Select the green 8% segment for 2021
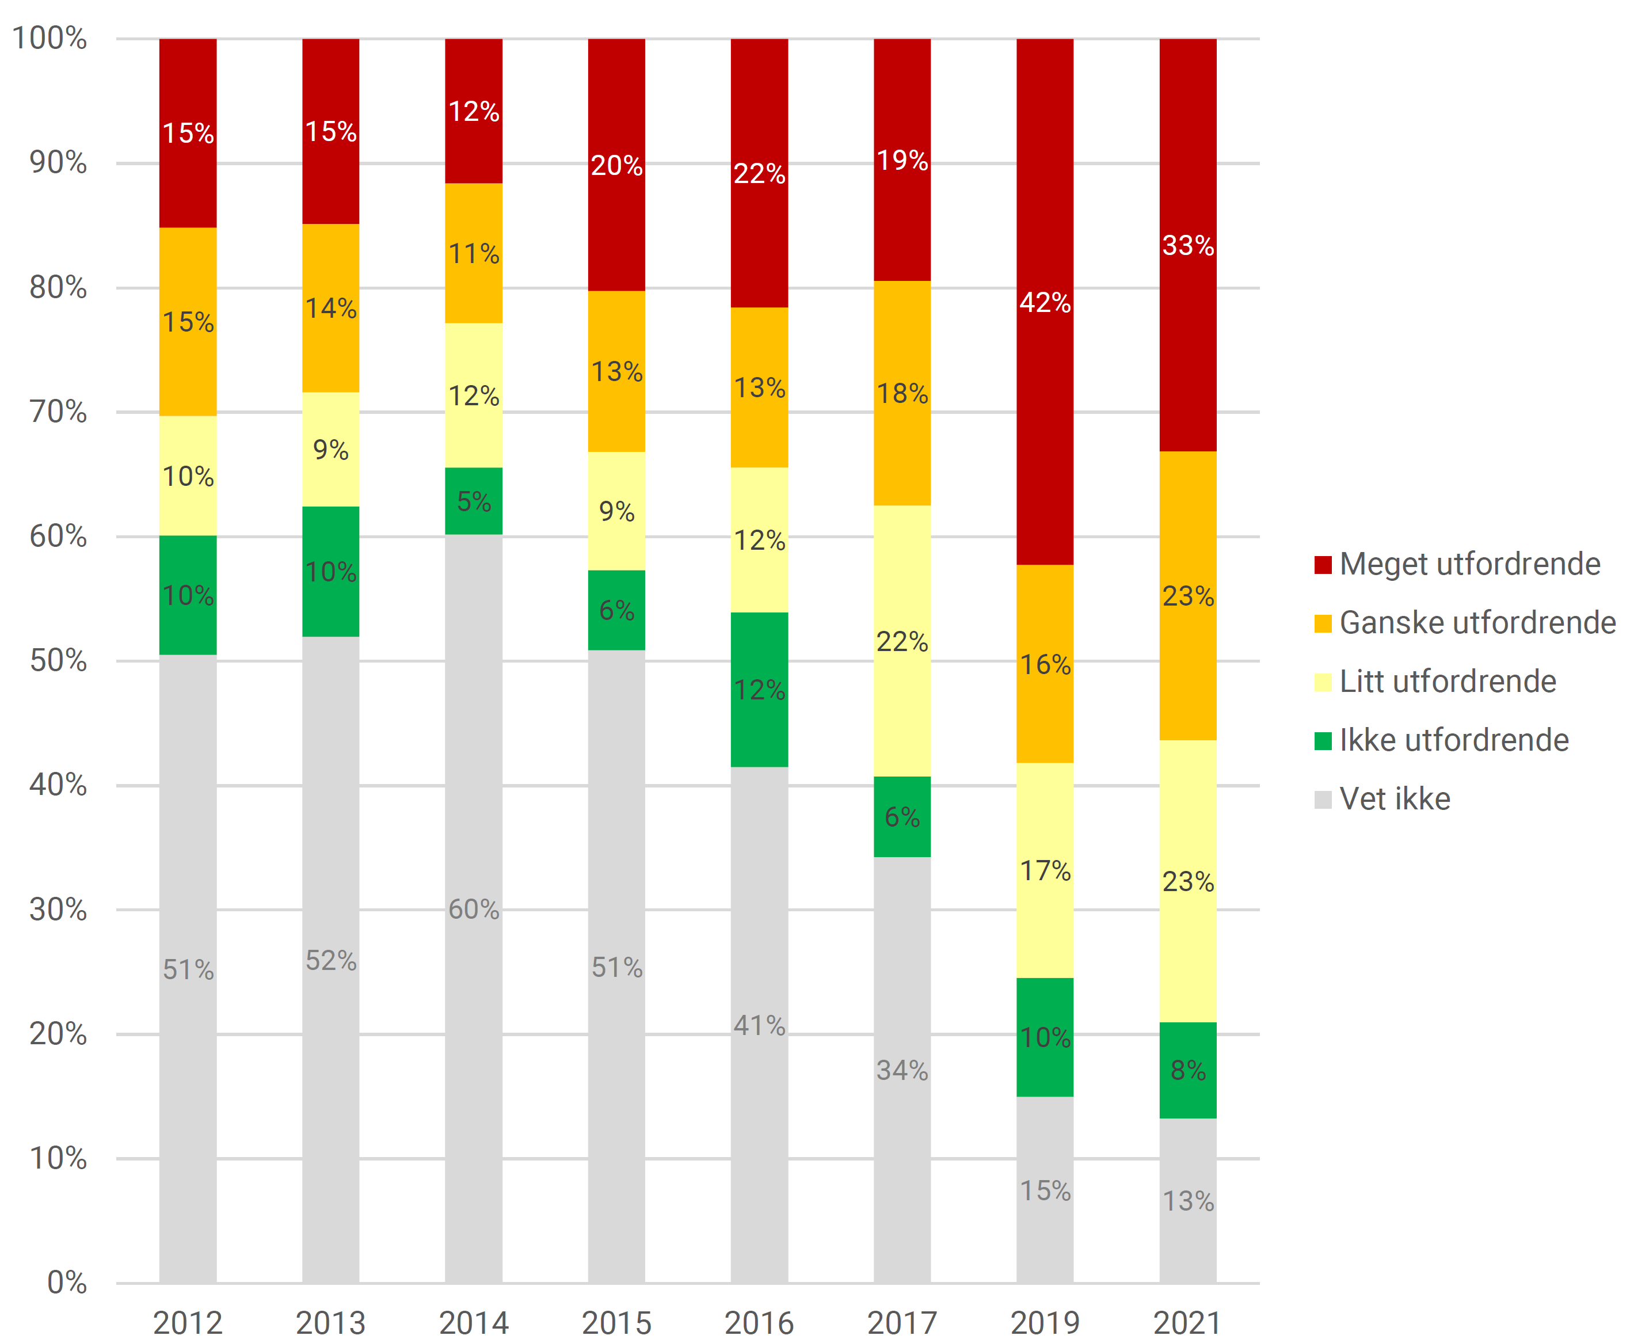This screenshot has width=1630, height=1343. (x=1187, y=1070)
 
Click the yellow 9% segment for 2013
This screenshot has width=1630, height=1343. (x=330, y=450)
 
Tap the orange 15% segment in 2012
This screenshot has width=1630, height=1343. (x=188, y=322)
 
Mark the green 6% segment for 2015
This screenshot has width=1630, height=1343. (x=616, y=610)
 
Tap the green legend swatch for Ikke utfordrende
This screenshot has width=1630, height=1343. (x=1323, y=741)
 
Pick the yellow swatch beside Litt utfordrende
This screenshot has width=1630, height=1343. (x=1323, y=682)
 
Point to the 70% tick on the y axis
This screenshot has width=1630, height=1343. (x=58, y=412)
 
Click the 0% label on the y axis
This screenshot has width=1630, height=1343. (x=67, y=1283)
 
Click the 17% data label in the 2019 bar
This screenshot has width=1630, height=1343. (x=1045, y=871)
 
